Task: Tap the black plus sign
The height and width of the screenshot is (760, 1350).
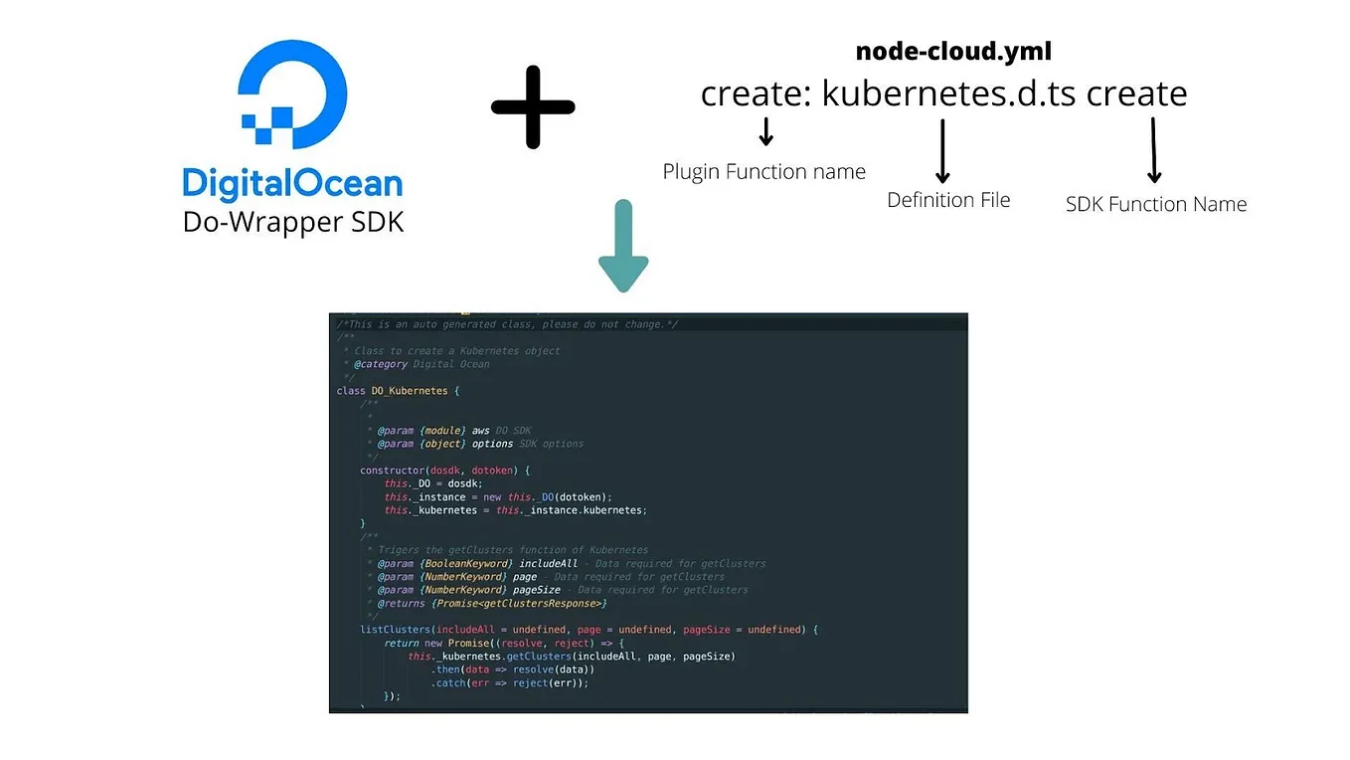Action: point(533,107)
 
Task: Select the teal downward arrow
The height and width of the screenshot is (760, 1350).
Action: point(623,246)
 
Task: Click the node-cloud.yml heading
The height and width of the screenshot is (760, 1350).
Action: point(952,51)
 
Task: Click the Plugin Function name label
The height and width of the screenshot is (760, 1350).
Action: point(763,171)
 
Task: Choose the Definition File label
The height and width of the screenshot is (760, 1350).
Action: point(947,200)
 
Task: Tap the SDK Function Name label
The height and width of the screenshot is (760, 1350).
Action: point(1155,204)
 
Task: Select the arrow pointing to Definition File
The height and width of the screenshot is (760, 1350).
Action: point(942,150)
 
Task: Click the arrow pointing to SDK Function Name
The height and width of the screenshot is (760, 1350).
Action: point(1153,150)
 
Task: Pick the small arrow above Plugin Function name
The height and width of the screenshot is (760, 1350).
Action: point(765,130)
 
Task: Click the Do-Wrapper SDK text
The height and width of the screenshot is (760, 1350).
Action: point(293,221)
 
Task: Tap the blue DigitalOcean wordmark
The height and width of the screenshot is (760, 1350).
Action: point(292,183)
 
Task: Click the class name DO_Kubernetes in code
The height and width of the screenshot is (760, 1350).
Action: point(409,391)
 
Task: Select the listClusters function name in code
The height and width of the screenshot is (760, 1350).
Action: point(396,630)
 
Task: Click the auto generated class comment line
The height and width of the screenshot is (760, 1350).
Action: point(507,324)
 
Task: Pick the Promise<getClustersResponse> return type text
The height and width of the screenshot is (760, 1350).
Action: point(518,603)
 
